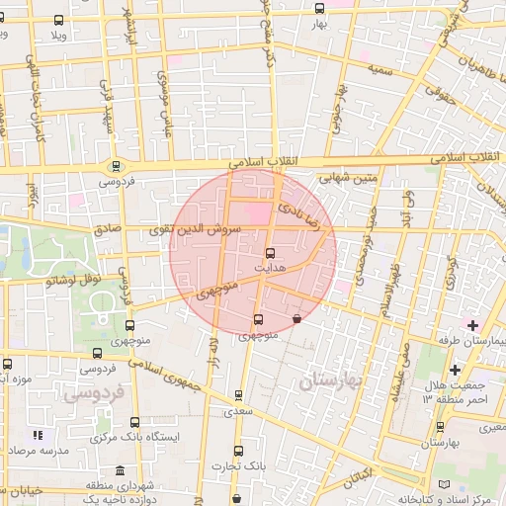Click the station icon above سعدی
[x=237, y=394]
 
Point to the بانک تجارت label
[x=237, y=465]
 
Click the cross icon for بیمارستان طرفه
[x=473, y=325]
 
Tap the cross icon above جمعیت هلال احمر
[x=454, y=370]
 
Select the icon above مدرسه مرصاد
[x=39, y=434]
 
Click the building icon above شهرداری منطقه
[x=120, y=470]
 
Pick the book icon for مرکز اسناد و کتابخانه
[x=442, y=484]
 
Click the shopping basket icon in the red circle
[x=297, y=318]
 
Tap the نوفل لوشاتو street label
[x=74, y=280]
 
